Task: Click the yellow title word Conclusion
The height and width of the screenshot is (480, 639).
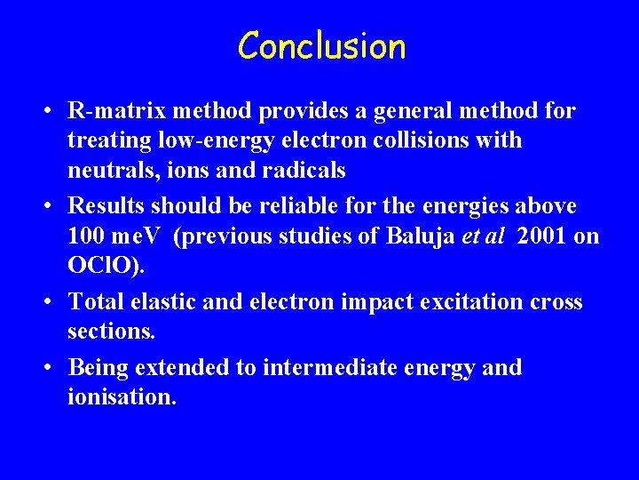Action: coord(321,46)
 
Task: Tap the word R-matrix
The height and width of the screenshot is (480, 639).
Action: coord(116,111)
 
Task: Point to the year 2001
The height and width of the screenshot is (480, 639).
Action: coord(544,236)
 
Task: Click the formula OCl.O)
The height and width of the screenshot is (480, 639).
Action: coord(103,266)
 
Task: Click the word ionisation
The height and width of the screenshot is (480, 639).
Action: coord(122,397)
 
